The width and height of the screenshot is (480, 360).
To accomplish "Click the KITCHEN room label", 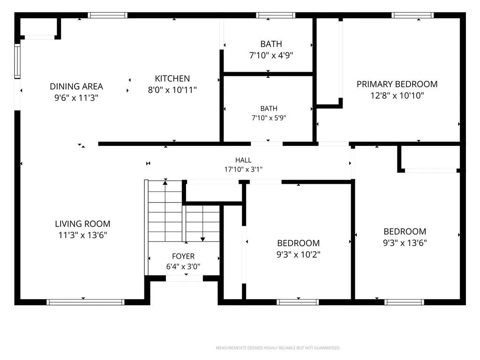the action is [172, 79].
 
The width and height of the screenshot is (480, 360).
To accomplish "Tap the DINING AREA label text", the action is [76, 87].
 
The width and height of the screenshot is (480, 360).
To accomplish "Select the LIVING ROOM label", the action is [82, 224].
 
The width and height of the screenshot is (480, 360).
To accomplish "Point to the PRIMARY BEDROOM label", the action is [397, 84].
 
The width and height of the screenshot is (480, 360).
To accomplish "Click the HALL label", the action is [243, 160].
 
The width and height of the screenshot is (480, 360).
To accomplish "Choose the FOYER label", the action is [183, 256].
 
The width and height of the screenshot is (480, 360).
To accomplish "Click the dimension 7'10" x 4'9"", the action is [271, 55].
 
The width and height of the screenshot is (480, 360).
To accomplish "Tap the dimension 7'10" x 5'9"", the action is [269, 118].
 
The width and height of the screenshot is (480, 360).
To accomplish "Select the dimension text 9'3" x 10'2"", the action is [299, 255].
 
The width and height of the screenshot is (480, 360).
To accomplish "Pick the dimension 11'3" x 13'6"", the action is [82, 235].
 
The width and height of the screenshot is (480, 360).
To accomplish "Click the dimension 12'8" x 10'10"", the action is [397, 96].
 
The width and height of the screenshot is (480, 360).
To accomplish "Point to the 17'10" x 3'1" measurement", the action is [243, 169].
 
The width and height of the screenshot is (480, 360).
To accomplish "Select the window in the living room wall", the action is [85, 302].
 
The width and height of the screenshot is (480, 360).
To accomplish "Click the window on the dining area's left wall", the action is [17, 61].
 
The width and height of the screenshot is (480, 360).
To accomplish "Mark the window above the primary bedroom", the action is [412, 15].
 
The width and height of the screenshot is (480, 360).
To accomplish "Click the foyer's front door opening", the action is [184, 278].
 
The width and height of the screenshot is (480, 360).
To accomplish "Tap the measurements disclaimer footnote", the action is [278, 348].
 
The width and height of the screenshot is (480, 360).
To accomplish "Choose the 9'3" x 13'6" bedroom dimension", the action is [405, 243].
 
